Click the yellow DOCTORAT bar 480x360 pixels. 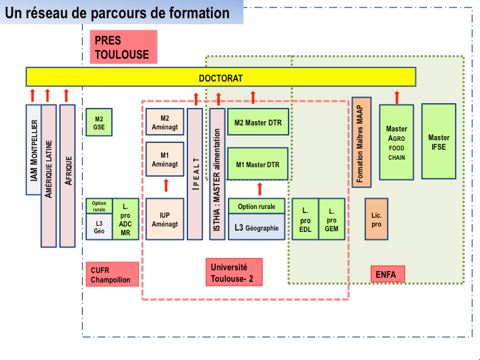coord(220,77)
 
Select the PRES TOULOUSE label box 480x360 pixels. coord(123,47)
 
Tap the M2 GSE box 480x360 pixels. coord(99,122)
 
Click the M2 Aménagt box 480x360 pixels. coord(164,122)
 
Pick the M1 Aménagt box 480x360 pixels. coord(164,159)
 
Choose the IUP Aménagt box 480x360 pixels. coord(164,219)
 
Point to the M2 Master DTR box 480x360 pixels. coord(258,122)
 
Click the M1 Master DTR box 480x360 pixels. coord(258,164)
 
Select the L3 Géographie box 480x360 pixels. coord(257,227)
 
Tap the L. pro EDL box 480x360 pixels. coord(305,219)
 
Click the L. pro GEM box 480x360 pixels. coord(332,219)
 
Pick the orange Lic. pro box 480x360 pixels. coord(376,219)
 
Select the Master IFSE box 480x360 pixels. coord(439,142)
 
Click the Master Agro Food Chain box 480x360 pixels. coord(396,142)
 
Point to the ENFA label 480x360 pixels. coord(388,274)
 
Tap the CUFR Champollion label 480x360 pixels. coord(112,274)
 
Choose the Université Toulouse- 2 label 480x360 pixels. coord(234,272)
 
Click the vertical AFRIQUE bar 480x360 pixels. coord(67,176)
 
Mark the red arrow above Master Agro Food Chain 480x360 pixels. coord(396,97)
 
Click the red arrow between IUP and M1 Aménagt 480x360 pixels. coord(166,185)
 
